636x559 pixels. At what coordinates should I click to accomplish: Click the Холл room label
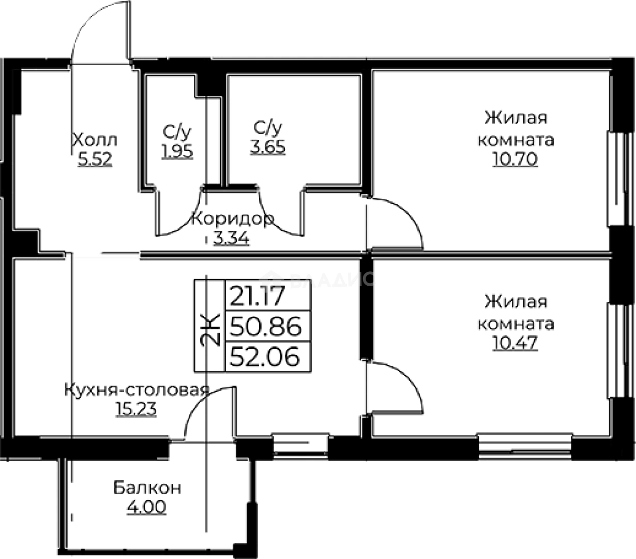(x=95, y=140)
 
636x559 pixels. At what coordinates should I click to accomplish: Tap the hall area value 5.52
(x=95, y=159)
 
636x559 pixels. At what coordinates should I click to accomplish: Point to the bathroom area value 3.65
(x=268, y=147)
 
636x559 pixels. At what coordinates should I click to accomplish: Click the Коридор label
(x=233, y=219)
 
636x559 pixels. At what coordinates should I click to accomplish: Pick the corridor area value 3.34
(x=232, y=239)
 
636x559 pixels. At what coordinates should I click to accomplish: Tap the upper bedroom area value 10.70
(x=515, y=159)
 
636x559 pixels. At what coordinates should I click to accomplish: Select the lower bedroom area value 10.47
(x=515, y=342)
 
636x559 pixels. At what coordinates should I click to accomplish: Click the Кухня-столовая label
(x=137, y=390)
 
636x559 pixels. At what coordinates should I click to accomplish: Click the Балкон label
(x=147, y=488)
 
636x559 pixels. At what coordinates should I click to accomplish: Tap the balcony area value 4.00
(x=147, y=507)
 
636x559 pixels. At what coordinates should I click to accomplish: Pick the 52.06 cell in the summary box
(x=265, y=357)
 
